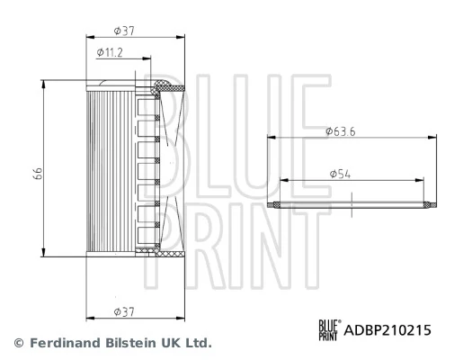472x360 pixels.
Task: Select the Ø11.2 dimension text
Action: click(111, 53)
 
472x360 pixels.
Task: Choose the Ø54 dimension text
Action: click(339, 172)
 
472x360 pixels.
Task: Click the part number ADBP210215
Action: click(387, 331)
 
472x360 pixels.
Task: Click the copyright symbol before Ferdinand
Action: click(17, 344)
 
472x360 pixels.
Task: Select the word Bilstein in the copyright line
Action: click(136, 344)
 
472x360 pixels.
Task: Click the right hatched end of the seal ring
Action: click(430, 205)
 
